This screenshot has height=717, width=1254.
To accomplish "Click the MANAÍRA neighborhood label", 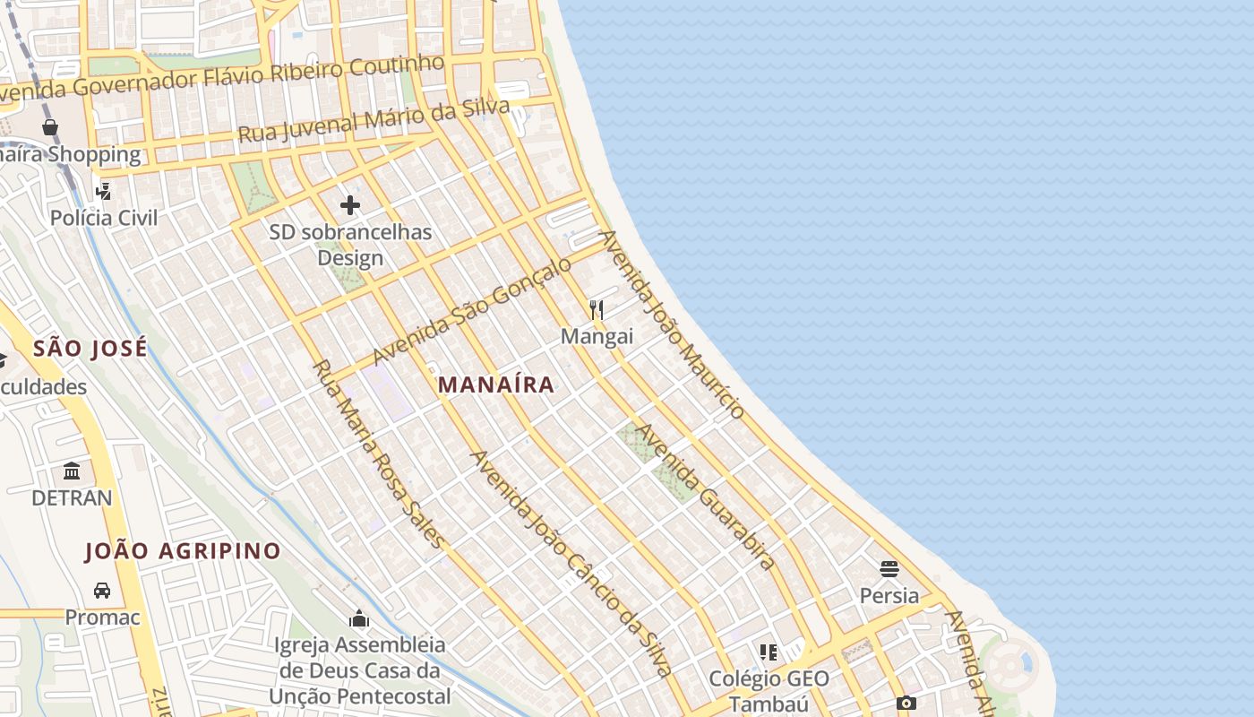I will [496, 385].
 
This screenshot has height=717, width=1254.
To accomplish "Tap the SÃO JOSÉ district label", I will [90, 349].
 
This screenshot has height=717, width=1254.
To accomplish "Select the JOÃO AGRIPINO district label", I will [183, 550].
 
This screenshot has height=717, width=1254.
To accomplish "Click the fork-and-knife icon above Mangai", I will [597, 310].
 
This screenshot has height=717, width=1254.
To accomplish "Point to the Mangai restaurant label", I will [597, 337].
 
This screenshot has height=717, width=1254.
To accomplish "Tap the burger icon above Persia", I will [889, 568].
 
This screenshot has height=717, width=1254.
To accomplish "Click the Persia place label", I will [889, 595].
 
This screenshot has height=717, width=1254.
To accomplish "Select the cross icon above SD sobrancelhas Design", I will [350, 205].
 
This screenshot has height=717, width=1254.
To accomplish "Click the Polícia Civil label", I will [104, 218].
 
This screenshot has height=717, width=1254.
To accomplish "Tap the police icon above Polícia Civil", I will [104, 191].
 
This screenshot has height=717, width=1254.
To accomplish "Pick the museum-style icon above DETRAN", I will [72, 471].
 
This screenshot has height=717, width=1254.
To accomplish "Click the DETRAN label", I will [72, 497].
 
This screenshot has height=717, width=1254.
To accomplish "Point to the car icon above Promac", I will [102, 591].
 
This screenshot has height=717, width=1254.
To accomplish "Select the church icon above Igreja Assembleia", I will [359, 618].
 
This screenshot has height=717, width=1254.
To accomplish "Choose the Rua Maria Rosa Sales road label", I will [378, 454].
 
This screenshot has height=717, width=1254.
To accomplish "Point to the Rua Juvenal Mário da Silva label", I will [374, 120].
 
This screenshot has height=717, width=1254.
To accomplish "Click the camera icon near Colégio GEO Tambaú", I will [906, 704].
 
